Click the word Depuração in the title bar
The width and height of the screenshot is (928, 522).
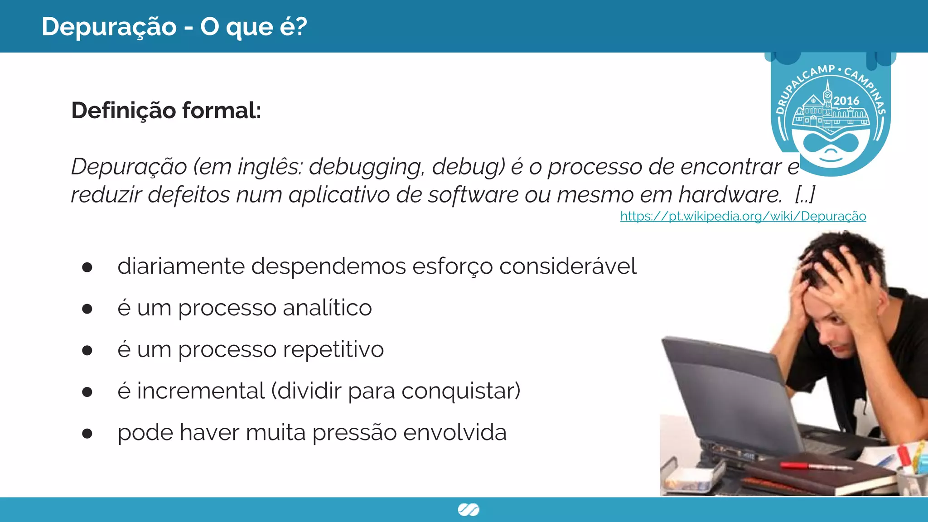(x=109, y=27)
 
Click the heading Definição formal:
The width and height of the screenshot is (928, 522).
(x=166, y=111)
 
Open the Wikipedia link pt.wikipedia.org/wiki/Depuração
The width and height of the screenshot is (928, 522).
(x=743, y=216)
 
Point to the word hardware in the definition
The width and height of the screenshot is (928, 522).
(x=729, y=195)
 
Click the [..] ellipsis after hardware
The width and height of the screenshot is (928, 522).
(x=805, y=195)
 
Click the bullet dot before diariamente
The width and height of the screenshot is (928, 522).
(x=87, y=267)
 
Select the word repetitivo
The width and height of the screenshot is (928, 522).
(x=333, y=350)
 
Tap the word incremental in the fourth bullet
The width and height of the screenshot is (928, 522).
(x=201, y=391)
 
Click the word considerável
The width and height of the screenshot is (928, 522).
(x=568, y=266)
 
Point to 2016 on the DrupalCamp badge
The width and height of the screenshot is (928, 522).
(x=846, y=101)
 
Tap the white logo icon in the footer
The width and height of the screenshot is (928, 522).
(x=469, y=510)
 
